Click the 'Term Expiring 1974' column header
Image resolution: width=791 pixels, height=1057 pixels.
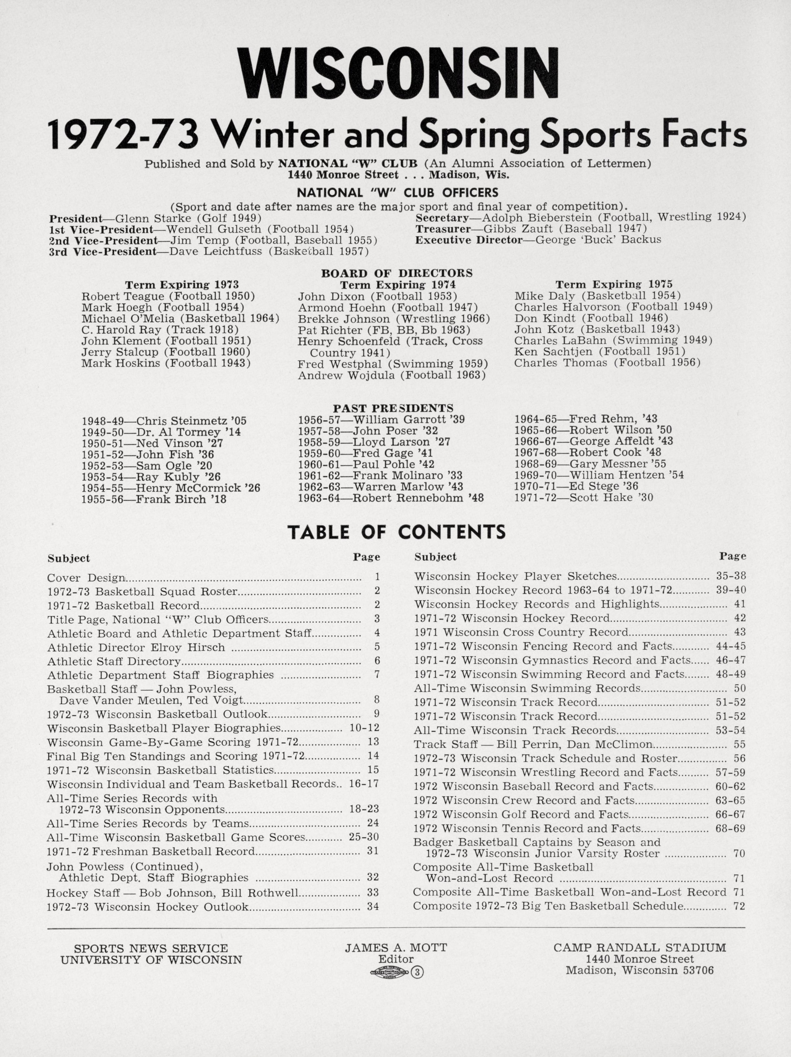[398, 285]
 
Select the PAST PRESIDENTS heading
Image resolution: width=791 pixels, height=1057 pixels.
[393, 408]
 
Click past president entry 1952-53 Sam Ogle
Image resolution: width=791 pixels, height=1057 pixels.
[147, 466]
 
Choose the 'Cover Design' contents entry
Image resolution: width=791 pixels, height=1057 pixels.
[86, 578]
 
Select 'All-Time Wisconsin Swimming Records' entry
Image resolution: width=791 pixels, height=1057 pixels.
[527, 689]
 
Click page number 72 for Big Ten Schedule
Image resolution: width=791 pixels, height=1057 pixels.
[739, 906]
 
